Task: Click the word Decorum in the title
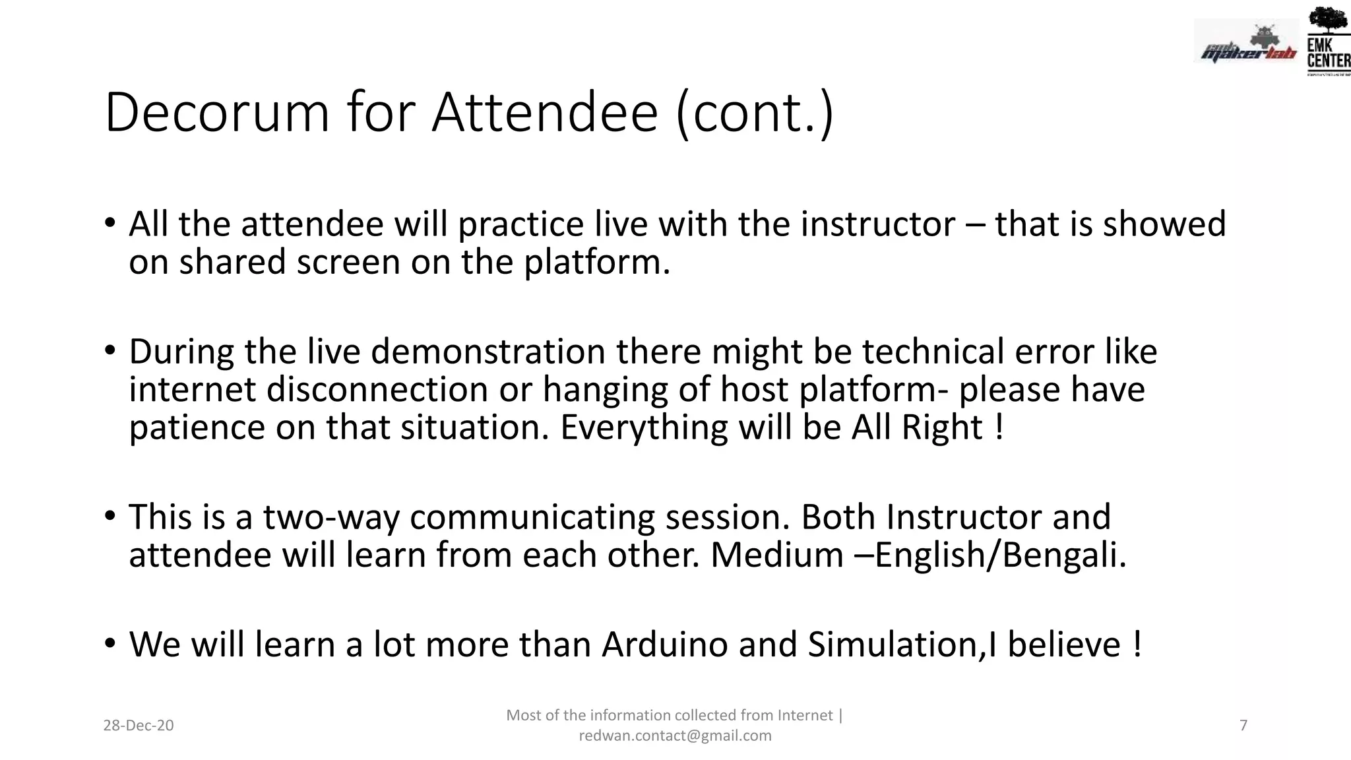pos(216,112)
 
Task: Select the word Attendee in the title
pos(545,112)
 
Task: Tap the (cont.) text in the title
pos(755,112)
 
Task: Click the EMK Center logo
pos(1328,41)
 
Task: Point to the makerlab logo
pos(1246,45)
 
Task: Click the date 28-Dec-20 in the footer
pos(139,726)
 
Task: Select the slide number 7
pos(1243,726)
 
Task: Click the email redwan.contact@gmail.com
pos(675,736)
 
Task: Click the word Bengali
pos(1063,555)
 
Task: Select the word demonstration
pos(488,352)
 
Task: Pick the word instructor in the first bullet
pos(877,224)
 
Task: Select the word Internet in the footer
pos(805,715)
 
